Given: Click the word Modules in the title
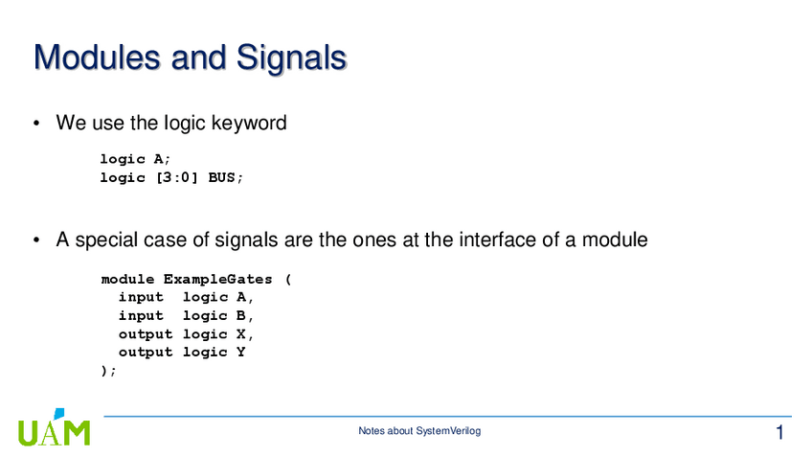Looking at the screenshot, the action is coord(98,57).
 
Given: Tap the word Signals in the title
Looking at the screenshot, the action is coord(291,57).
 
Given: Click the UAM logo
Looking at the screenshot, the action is coord(54,428).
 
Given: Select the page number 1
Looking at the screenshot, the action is coord(779,432).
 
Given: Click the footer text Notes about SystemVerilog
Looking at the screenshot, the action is coord(419,430).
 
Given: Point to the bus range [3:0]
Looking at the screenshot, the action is coord(176,178).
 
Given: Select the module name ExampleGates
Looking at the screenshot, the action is coord(217,280).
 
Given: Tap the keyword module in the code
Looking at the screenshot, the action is coord(127,280).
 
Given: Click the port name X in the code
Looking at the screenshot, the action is coord(240,334).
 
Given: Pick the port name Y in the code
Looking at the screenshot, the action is coord(240,353).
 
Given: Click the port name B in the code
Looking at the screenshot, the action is coord(240,315).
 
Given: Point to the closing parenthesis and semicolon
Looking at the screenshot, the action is coord(109,371).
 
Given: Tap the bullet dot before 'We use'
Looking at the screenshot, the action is coord(36,124).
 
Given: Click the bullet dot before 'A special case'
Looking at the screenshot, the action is coord(36,240).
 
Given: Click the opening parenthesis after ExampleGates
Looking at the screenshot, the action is coord(288,280).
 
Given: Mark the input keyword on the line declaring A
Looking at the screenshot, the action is coord(141,297).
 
